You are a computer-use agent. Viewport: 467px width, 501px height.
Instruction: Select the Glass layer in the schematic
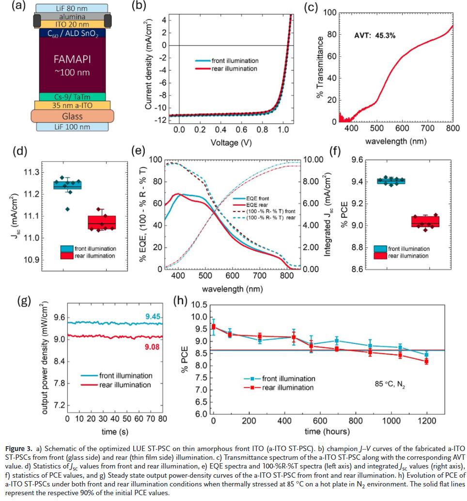[x=72, y=116]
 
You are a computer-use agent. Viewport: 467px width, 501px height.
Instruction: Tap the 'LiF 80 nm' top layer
[x=73, y=8]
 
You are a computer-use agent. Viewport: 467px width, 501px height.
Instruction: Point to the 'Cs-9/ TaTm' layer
[x=72, y=97]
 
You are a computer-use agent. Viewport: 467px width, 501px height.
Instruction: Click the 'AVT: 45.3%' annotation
[x=375, y=35]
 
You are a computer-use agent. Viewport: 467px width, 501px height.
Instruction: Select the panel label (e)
[x=139, y=150]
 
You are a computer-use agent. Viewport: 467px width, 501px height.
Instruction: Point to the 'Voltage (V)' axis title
[x=232, y=143]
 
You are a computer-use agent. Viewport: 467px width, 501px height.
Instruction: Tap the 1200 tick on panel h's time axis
[x=426, y=421]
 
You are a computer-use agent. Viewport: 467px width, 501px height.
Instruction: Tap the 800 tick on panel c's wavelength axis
[x=453, y=129]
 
